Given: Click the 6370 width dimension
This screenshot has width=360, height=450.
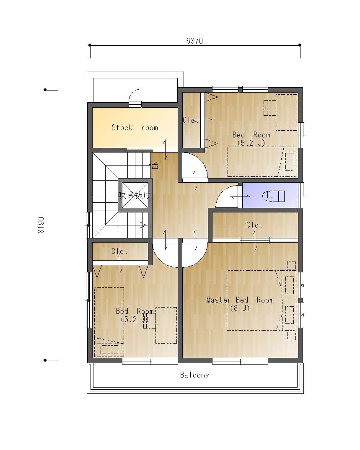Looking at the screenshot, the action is tap(194, 41).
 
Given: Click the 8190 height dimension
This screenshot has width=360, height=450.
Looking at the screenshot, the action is tap(41, 225).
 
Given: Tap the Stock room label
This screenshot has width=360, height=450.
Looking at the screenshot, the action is tap(135, 128).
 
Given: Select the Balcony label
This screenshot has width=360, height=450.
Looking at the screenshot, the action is tap(194, 375).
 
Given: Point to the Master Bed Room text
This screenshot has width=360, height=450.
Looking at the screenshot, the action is tap(240, 300).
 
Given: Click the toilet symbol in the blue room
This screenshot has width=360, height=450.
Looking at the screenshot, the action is tap(273, 196).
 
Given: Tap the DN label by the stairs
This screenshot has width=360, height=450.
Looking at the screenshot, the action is tap(155, 165).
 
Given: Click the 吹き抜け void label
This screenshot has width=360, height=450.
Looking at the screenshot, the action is tap(135, 195).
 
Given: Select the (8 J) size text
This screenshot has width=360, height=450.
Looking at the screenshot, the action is tap(240, 308).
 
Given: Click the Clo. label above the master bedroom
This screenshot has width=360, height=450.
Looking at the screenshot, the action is tap(254, 225).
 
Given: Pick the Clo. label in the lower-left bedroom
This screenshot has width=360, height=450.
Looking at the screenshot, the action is tap(119, 251).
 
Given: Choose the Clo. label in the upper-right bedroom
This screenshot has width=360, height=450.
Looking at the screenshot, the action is tap(190, 120).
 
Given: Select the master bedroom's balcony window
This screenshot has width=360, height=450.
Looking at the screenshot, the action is tap(240, 362).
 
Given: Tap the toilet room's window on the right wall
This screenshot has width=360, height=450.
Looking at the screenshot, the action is tap(301, 195).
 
